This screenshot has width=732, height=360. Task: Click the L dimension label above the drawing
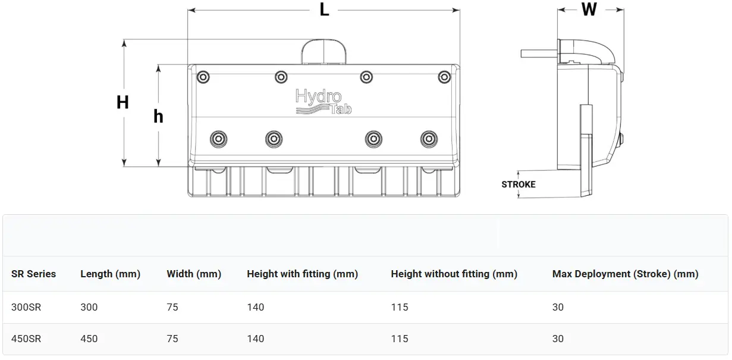pos(324,10)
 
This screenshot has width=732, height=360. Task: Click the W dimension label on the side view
pos(589,9)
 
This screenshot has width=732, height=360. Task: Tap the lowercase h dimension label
pos(158,116)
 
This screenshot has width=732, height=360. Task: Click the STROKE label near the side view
pos(519,184)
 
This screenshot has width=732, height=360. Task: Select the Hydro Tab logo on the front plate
pos(323,102)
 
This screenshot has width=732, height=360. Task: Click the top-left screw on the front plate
pos(203,77)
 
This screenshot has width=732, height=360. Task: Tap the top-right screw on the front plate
pos(444,77)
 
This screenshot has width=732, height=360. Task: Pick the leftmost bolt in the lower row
pos(218,139)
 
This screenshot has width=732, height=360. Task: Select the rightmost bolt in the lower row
pos(429,139)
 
